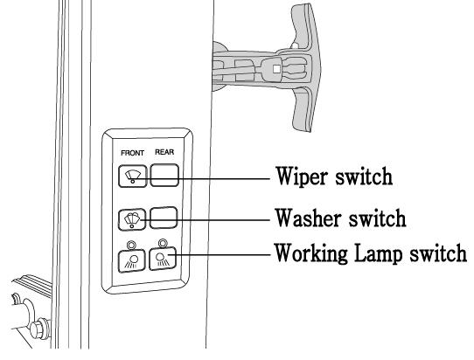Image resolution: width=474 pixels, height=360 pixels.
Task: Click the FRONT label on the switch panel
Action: (x=132, y=153)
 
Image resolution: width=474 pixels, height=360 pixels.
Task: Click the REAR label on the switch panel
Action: (x=164, y=152)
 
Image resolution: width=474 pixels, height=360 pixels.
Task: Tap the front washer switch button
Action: (x=132, y=219)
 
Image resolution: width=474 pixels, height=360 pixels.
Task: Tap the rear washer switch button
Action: (x=164, y=218)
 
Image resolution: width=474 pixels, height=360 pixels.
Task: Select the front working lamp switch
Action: (x=131, y=261)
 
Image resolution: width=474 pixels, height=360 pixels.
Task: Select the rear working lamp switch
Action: (x=163, y=259)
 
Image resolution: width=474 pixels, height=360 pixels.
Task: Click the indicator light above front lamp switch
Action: (x=131, y=245)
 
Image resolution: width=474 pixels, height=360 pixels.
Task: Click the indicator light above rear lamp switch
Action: (x=163, y=243)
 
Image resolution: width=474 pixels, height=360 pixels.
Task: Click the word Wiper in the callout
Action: (x=303, y=177)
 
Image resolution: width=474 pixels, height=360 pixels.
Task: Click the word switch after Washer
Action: (x=377, y=218)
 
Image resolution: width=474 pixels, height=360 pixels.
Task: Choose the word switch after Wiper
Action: (x=364, y=177)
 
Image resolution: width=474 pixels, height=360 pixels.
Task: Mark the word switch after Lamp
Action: (x=438, y=253)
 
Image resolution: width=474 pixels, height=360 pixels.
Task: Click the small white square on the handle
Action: (x=276, y=69)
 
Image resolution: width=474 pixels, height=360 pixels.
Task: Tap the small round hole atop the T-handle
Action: (x=295, y=45)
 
